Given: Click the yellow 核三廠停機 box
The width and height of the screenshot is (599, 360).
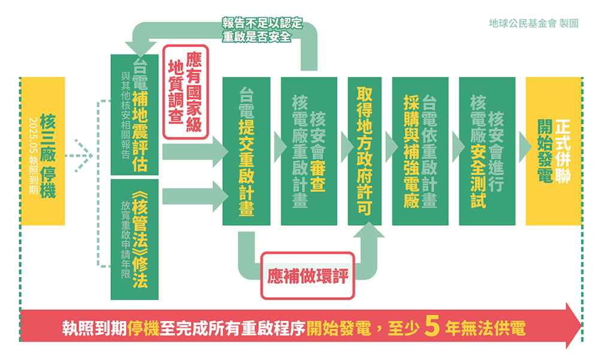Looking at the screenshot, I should point(43,151).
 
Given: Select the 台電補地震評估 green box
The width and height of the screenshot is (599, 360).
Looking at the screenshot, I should point(135,114).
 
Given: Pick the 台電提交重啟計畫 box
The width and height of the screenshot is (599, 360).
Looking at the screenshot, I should point(246,151).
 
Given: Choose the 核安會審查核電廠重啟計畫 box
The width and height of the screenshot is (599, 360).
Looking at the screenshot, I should point(308,151).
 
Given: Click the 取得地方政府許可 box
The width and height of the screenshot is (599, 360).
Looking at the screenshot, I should point(364,151).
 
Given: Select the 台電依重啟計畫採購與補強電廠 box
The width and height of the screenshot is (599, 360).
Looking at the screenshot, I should point(420,151).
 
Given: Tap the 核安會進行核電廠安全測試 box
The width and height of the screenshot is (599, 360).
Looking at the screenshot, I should point(486,151).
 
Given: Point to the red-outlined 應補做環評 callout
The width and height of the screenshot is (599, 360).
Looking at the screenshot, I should point(307,276).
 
